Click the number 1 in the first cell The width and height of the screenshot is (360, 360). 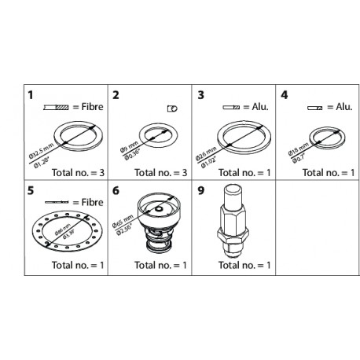pos(31,95)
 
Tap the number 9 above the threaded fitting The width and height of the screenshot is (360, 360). pos(202,190)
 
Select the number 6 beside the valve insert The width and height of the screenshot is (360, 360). pos(116,190)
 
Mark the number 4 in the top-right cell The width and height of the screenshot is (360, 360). pos(285,95)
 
